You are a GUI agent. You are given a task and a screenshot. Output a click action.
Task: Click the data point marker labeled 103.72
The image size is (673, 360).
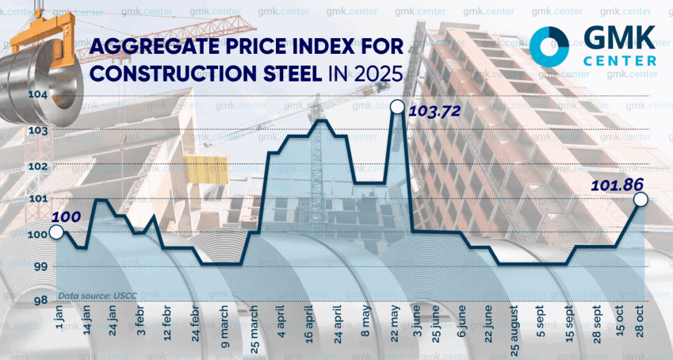tap(397, 106)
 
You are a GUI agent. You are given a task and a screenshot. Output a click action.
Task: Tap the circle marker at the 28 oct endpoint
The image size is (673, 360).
tap(641, 199)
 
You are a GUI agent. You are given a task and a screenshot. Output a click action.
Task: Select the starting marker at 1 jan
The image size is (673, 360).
tap(56, 232)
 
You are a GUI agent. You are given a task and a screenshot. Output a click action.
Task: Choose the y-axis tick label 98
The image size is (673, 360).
tap(38, 301)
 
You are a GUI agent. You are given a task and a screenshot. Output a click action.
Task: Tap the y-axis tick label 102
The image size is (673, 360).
tap(38, 165)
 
